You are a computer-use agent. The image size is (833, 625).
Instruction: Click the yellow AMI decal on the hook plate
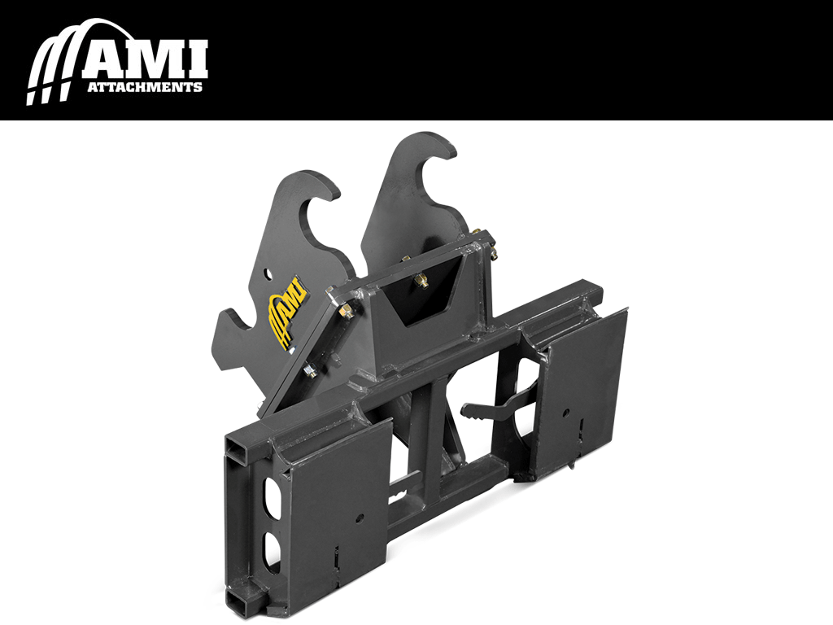click(x=287, y=312)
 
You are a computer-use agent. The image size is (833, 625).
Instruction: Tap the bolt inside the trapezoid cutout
click(x=420, y=282)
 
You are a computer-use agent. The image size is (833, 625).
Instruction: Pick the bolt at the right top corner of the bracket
click(x=493, y=252)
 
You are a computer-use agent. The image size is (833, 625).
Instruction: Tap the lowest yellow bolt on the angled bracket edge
click(x=310, y=372)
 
